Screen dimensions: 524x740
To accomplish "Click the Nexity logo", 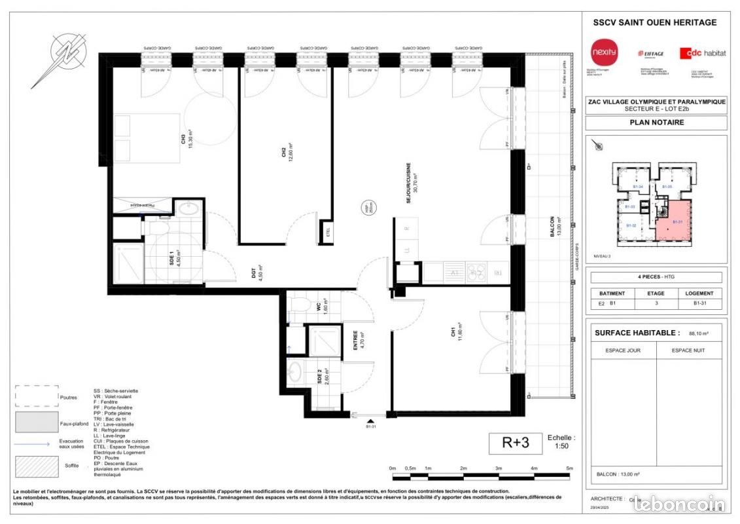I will [x=599, y=51].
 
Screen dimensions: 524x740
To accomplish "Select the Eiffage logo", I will [x=650, y=54].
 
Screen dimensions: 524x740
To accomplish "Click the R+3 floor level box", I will [x=516, y=443].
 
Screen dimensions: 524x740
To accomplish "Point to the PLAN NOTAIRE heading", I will [x=656, y=122].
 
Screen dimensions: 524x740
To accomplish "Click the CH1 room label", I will [x=453, y=331].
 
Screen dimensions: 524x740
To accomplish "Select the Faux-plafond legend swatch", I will [x=37, y=423].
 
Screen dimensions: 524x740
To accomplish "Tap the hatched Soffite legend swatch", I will [x=37, y=466].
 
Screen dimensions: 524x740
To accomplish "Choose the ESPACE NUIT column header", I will [x=687, y=351].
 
